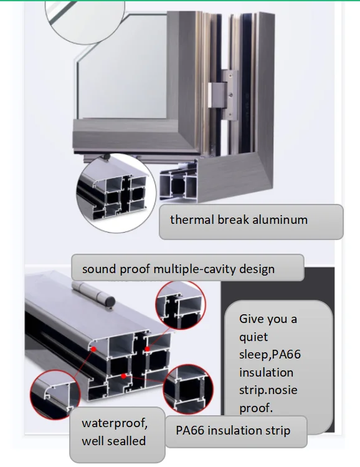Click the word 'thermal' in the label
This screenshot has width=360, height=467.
point(192,220)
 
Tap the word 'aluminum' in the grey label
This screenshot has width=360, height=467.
point(280,220)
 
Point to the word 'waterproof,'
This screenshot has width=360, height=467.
point(115,423)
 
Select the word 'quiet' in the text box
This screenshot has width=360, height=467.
point(253,337)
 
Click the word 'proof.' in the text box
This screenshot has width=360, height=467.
point(256,408)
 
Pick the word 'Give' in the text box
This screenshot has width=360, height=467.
point(251,319)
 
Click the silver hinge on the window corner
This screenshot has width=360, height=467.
point(224,95)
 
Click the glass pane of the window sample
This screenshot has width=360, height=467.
point(122,65)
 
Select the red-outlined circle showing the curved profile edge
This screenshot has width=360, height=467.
point(55,395)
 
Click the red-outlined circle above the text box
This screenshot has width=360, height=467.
point(181,305)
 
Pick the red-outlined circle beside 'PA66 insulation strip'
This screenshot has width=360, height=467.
point(188,389)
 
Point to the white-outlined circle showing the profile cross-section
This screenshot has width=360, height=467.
point(116,193)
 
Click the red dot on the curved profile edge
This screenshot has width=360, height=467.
point(93,349)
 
